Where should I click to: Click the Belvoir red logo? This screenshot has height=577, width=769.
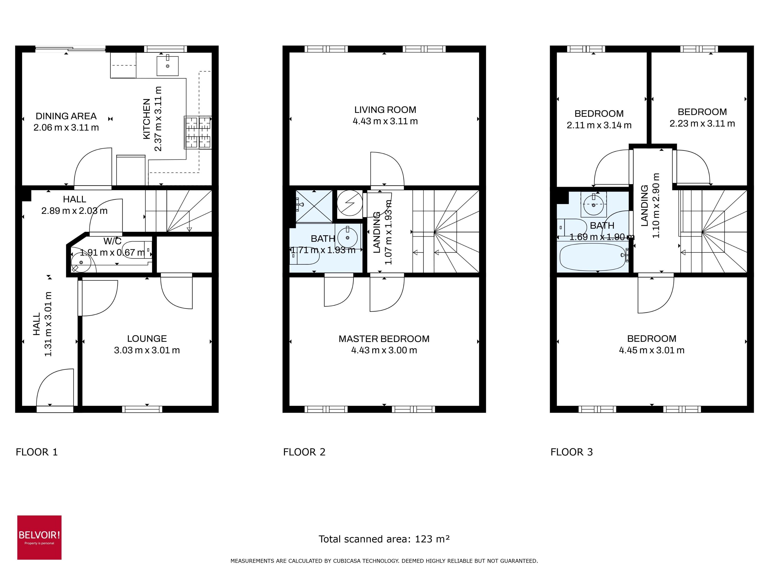click(39, 537)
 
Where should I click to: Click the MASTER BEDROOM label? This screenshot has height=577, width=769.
click(384, 339)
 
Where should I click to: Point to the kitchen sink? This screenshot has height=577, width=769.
click(168, 65)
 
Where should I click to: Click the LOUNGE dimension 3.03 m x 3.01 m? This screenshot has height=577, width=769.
click(147, 350)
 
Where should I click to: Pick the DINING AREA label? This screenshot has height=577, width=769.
click(66, 116)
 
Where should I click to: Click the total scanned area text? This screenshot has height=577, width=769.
click(384, 539)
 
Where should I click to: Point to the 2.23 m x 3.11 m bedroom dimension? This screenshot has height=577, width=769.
click(702, 123)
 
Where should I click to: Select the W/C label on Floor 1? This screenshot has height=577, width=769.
click(112, 241)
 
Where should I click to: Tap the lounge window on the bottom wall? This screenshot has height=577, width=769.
click(142, 409)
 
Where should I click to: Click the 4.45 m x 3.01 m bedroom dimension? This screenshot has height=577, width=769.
click(652, 350)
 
